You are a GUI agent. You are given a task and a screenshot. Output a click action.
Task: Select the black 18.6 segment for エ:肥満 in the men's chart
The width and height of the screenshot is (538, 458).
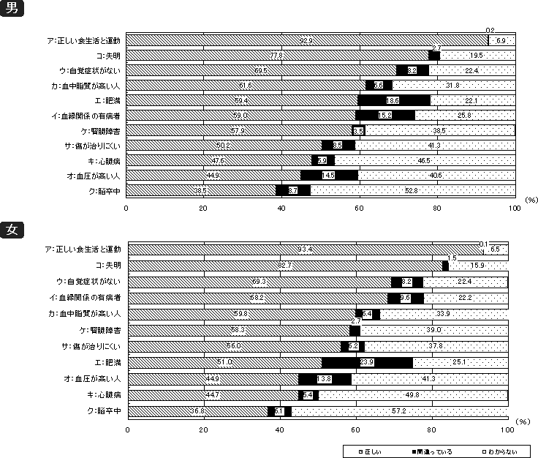click(x=393, y=100)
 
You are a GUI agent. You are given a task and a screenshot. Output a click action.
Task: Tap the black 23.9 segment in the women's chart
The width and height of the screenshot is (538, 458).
click(x=367, y=362)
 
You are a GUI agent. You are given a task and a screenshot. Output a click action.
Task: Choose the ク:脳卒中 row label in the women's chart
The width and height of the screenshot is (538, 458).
click(x=107, y=411)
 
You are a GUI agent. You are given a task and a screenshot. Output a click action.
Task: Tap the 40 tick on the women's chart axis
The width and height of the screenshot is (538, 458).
click(x=279, y=427)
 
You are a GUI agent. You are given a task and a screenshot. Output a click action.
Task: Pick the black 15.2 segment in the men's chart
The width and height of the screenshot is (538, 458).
click(x=384, y=115)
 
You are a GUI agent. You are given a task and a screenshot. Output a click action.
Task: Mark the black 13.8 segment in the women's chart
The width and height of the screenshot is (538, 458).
click(x=325, y=379)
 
